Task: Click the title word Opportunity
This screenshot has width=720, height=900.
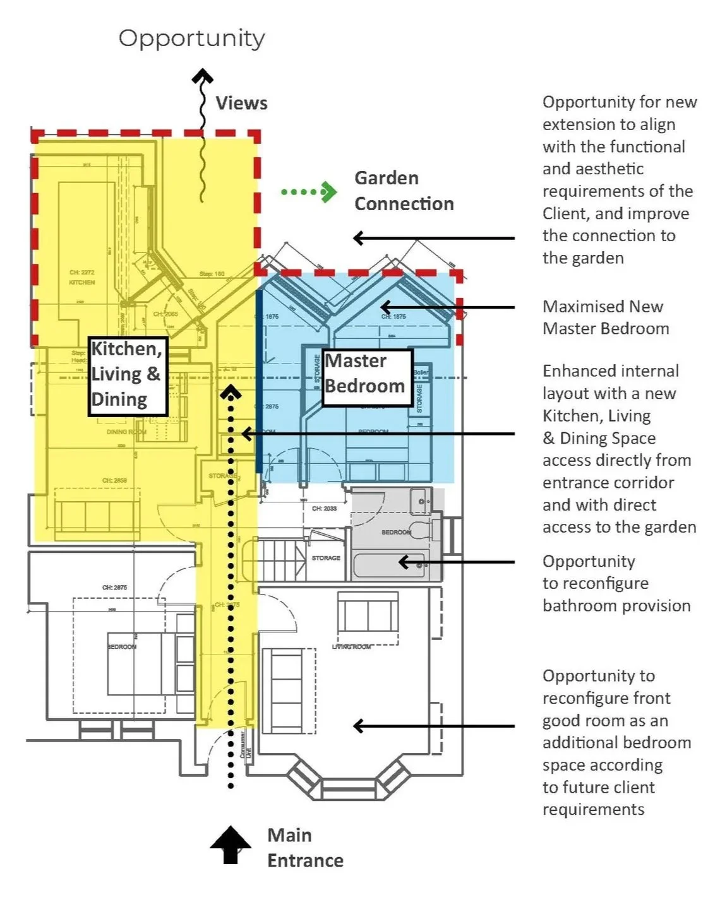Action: (x=191, y=39)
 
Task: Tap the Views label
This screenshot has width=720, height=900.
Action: (x=241, y=103)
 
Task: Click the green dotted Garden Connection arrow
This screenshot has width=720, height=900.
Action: (x=308, y=191)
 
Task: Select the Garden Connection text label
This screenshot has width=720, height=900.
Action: (x=404, y=191)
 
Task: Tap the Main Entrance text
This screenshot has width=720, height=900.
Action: (x=304, y=848)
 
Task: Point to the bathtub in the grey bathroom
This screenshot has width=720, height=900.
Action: (x=388, y=564)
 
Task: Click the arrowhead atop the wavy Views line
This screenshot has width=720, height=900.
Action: (x=202, y=77)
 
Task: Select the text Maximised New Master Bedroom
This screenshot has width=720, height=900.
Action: (x=605, y=317)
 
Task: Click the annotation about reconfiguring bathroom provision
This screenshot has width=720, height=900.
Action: (x=616, y=583)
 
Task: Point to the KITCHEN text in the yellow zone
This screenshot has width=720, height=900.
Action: (x=82, y=282)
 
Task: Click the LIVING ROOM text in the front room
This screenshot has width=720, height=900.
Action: (x=351, y=646)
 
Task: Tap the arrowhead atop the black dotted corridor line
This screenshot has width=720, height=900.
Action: (x=231, y=393)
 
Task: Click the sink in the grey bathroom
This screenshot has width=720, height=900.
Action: (x=421, y=502)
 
